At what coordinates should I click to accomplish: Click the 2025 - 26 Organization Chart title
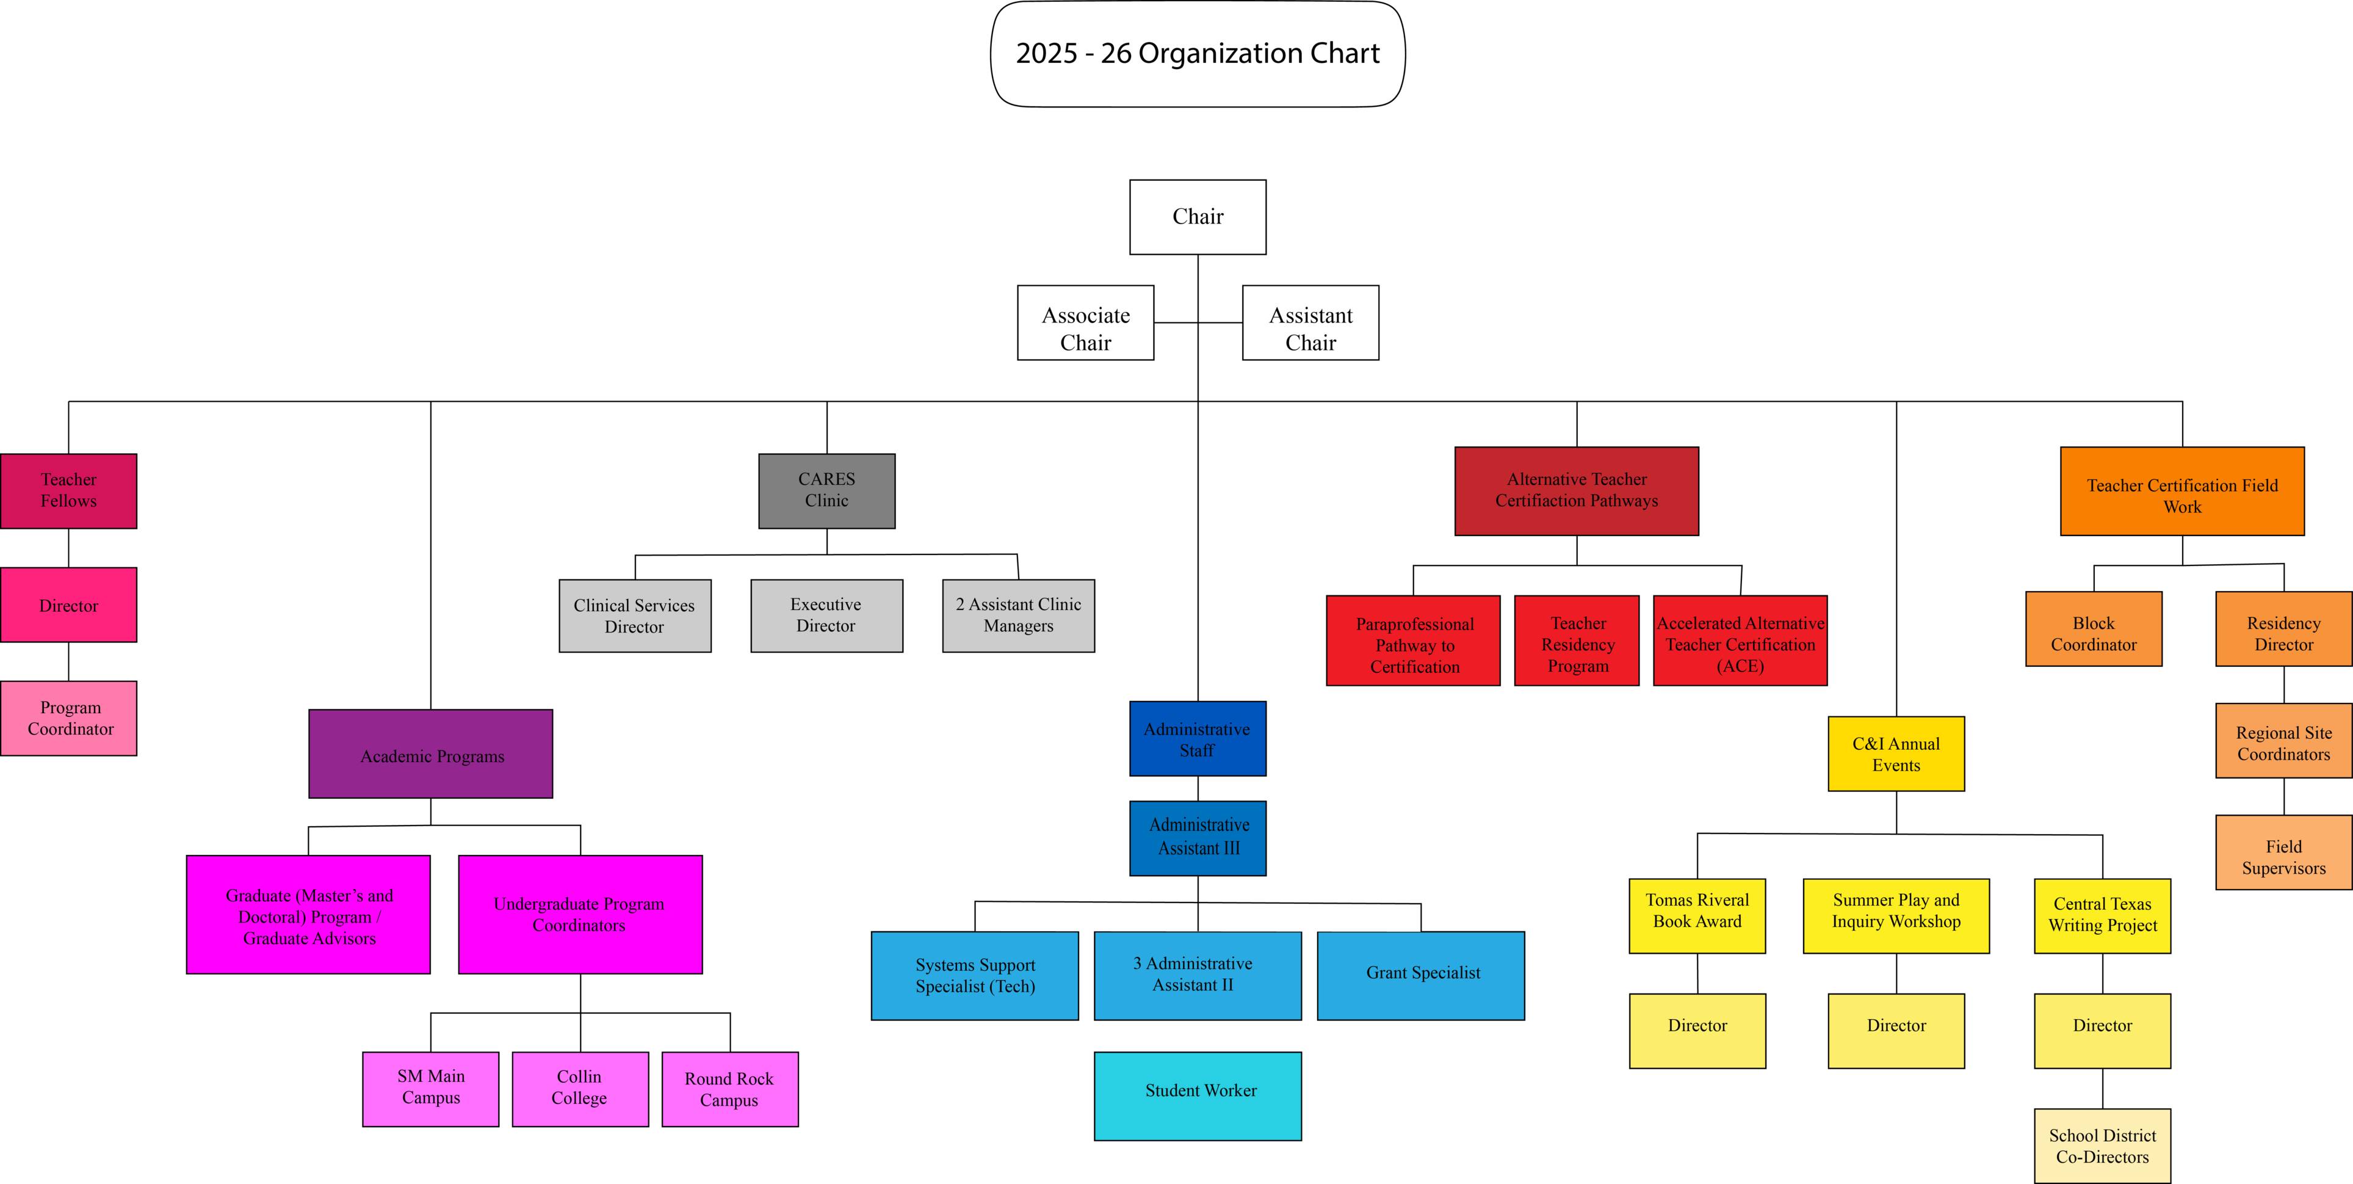click(x=1198, y=54)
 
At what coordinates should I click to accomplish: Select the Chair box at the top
click(x=1198, y=217)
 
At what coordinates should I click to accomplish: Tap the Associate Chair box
click(x=1085, y=322)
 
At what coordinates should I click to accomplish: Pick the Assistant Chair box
click(x=1310, y=322)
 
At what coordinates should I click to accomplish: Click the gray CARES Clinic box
click(x=826, y=490)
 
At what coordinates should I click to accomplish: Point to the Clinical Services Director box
click(x=635, y=616)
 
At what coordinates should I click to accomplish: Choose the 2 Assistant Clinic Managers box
click(x=1019, y=616)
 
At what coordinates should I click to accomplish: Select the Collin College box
click(x=580, y=1089)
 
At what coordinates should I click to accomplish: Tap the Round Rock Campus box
click(x=730, y=1089)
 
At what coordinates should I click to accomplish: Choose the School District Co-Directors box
click(x=2102, y=1146)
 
